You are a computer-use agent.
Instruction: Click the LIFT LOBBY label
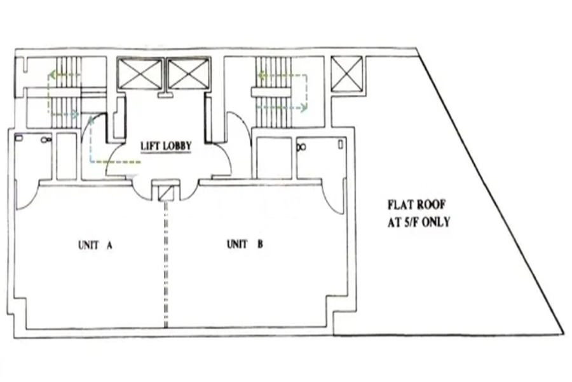pyautogui.click(x=166, y=146)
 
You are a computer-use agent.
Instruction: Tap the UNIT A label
pyautogui.click(x=95, y=244)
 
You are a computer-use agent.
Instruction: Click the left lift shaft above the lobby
pyautogui.click(x=140, y=75)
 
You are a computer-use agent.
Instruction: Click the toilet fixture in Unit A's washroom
pyautogui.click(x=46, y=139)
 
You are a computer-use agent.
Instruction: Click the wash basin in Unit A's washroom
pyautogui.click(x=20, y=136)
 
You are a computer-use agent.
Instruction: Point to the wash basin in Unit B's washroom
pyautogui.click(x=341, y=145)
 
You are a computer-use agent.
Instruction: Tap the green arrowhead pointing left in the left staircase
pyautogui.click(x=51, y=74)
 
